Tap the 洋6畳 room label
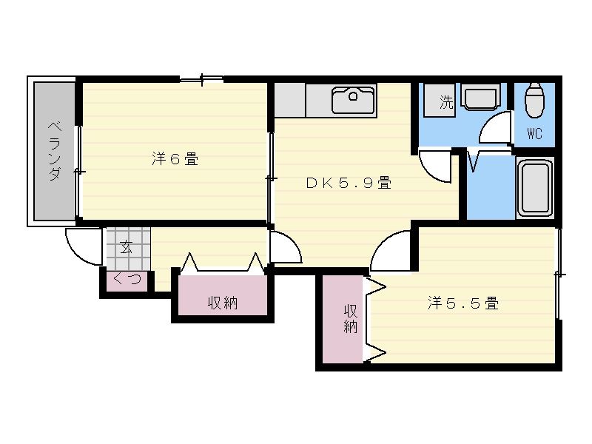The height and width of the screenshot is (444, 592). pos(175,158)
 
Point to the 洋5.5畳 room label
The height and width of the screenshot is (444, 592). pos(462,303)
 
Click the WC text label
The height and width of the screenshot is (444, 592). pos(534,134)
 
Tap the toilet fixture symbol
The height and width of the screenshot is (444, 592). pos(534,100)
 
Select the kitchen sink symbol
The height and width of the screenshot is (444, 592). pos(354,99)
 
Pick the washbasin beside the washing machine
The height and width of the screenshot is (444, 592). pos(481,98)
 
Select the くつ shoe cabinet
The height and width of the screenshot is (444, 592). pos(126,280)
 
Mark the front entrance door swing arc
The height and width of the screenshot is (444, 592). pos(83,248)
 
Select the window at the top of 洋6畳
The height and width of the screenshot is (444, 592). pos(201,78)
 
